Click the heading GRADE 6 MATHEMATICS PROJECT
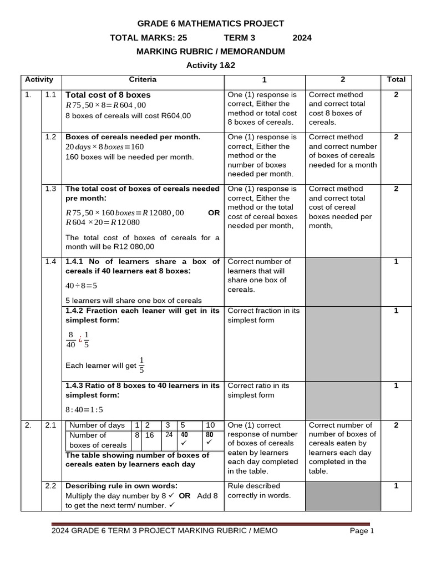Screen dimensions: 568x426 (210, 23)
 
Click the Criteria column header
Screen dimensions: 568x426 (143, 79)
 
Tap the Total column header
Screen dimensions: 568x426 (395, 79)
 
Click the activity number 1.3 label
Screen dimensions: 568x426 (51, 189)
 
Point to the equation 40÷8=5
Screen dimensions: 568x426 (82, 286)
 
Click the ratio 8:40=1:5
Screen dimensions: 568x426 (84, 410)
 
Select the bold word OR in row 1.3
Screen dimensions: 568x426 (214, 212)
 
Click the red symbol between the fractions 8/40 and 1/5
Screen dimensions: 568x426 (80, 339)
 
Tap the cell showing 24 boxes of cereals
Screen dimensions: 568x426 (169, 435)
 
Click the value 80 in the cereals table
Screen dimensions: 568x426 (209, 435)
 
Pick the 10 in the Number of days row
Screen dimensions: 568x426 (210, 425)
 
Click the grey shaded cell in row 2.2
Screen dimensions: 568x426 (342, 495)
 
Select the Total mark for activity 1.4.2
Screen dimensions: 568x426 (395, 311)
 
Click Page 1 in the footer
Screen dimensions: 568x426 (362, 531)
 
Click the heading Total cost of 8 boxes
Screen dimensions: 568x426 (108, 95)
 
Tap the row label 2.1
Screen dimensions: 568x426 (51, 425)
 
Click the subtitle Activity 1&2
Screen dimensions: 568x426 (210, 65)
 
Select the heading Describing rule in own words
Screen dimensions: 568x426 (121, 486)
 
